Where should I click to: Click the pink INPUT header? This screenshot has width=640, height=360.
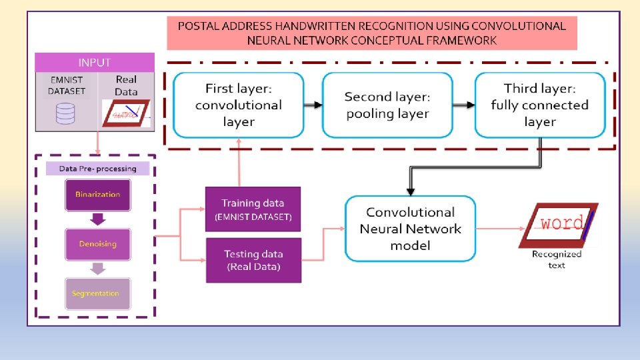click(x=95, y=63)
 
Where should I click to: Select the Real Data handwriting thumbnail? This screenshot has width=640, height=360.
click(x=126, y=113)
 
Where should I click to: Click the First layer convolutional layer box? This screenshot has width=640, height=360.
click(x=239, y=105)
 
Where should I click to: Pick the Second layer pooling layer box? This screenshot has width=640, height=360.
click(x=387, y=105)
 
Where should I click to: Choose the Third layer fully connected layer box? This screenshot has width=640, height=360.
click(x=539, y=105)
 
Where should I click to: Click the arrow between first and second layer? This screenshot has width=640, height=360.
click(x=313, y=105)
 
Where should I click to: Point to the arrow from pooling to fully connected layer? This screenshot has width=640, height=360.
click(x=465, y=105)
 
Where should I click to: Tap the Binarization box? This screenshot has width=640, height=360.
click(x=98, y=195)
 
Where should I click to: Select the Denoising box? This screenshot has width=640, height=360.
click(x=98, y=244)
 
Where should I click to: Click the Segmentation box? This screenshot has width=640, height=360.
click(x=98, y=293)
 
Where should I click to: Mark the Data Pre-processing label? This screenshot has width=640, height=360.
click(x=97, y=169)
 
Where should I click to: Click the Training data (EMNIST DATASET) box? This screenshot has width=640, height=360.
click(x=253, y=209)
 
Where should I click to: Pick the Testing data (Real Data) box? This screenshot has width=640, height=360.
click(x=253, y=260)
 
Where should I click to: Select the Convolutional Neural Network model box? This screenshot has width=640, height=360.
click(x=410, y=229)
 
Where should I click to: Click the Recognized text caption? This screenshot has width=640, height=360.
click(x=557, y=259)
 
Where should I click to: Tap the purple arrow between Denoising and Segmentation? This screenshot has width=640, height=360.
click(x=98, y=269)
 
